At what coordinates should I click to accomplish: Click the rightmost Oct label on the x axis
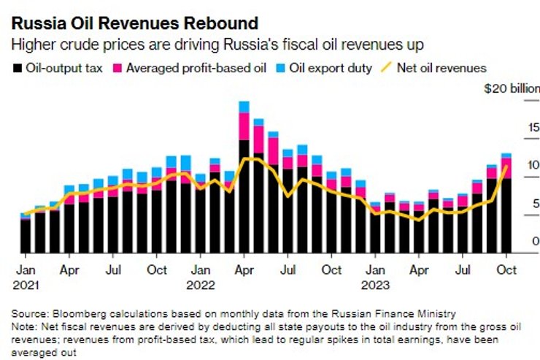coord(506,270)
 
